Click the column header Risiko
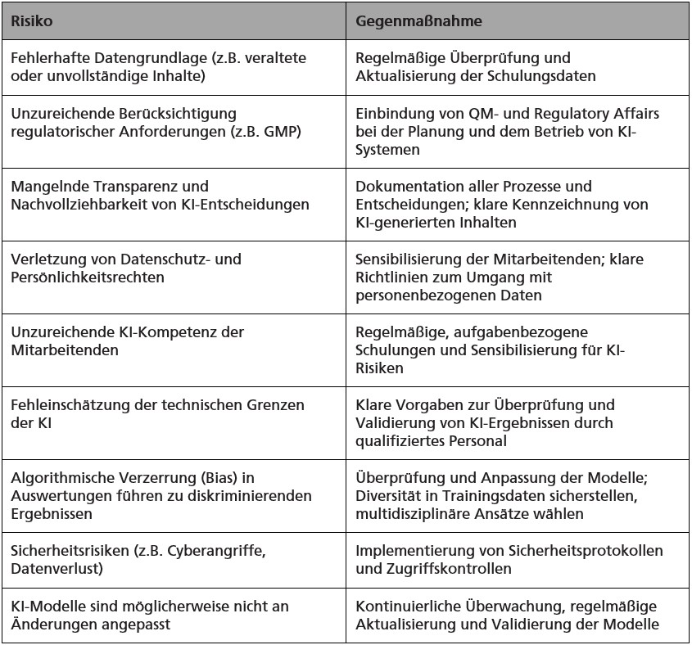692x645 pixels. (32, 21)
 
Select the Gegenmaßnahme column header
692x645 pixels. (418, 21)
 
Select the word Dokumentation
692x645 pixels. (404, 187)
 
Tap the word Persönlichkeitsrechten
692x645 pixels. (84, 277)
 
